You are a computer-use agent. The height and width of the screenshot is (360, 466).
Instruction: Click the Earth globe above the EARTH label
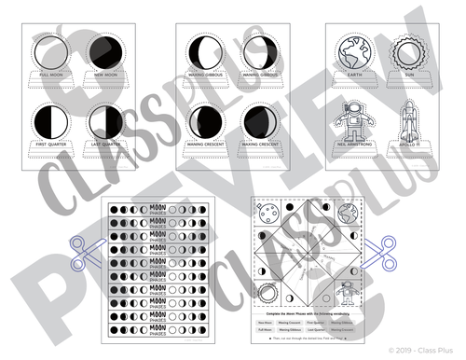pyautogui.click(x=355, y=49)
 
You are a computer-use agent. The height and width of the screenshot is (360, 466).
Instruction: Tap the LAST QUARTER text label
pyautogui.click(x=106, y=145)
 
